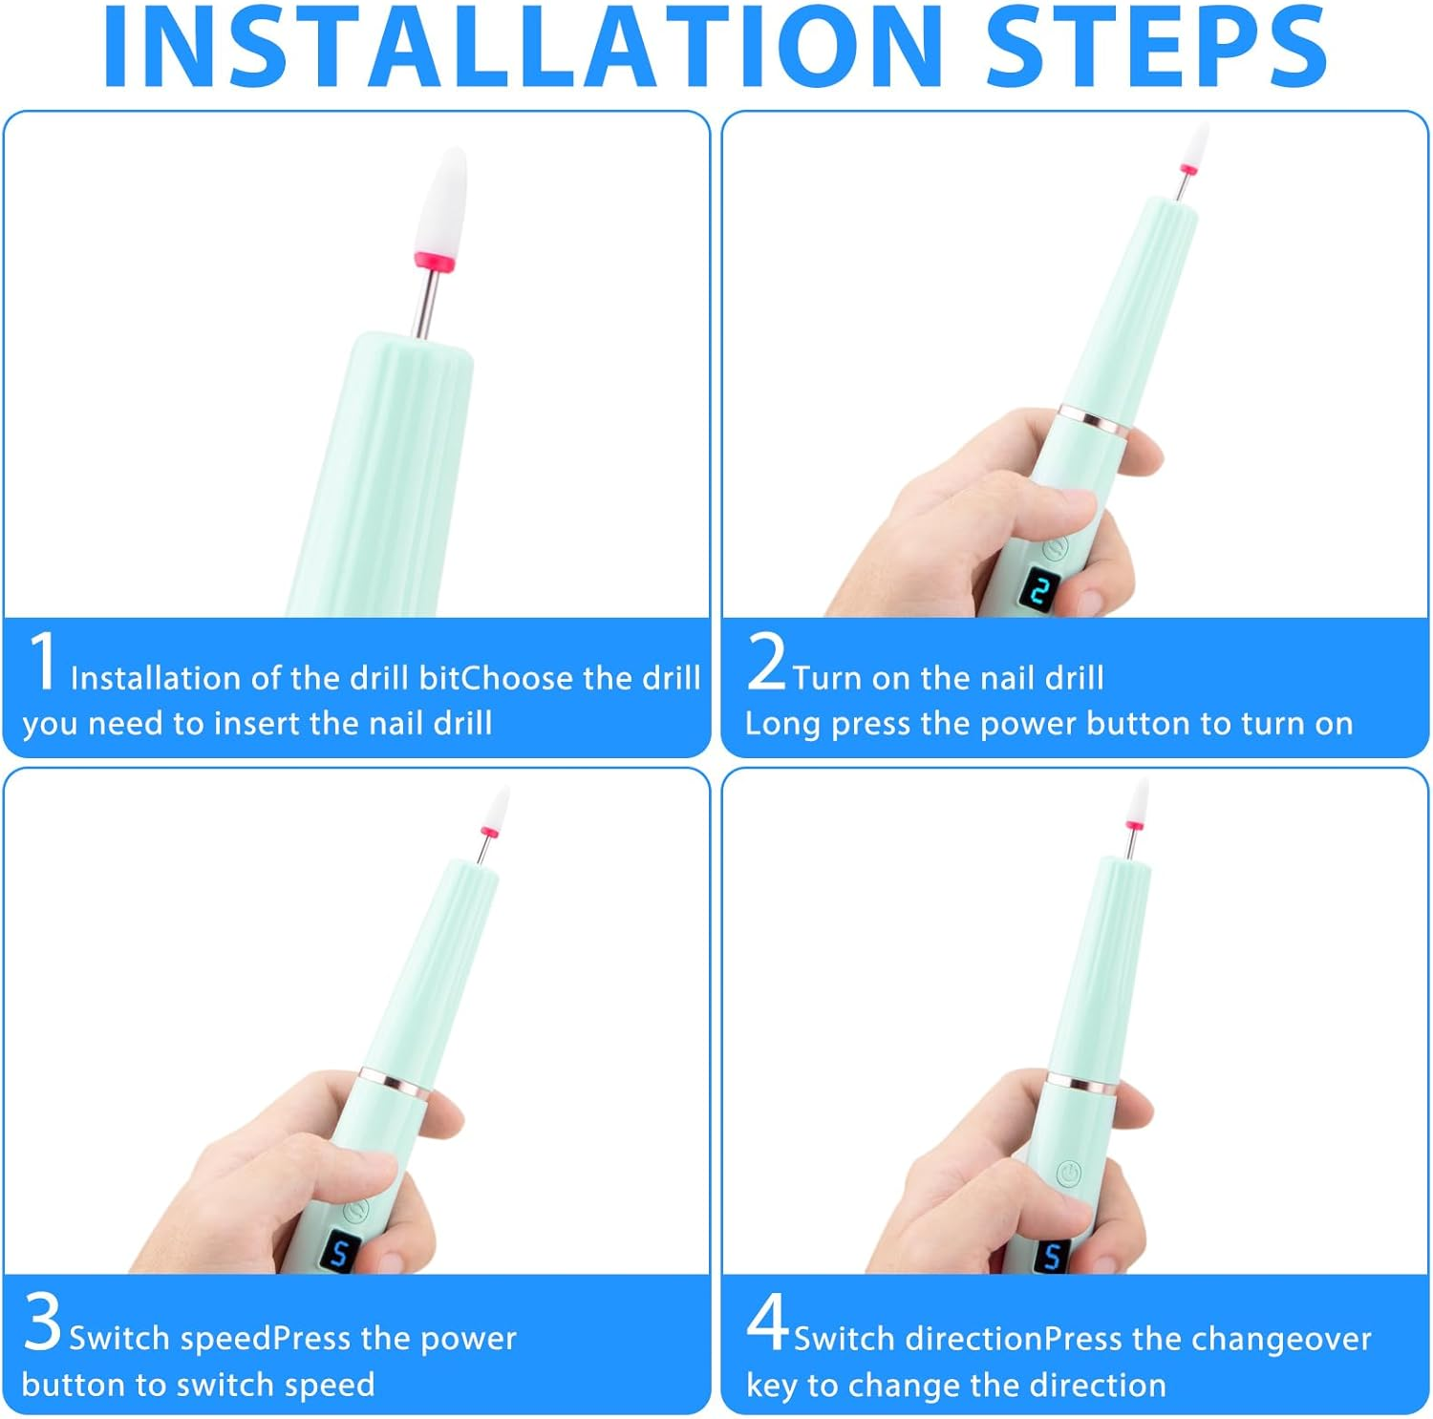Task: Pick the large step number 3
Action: pos(43,1322)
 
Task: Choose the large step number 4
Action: pos(767,1322)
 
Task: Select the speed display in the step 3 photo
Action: pos(339,1252)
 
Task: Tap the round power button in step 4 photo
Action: pos(1070,1173)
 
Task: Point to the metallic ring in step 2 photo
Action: pos(1095,421)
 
